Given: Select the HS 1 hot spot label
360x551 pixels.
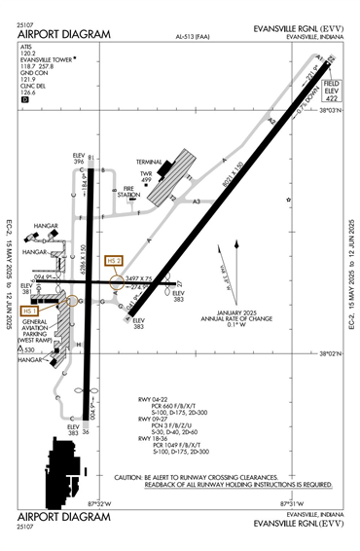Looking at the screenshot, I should (x=40, y=311).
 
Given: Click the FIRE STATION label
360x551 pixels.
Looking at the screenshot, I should (x=128, y=194).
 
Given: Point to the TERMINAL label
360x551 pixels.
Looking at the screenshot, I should (x=149, y=162).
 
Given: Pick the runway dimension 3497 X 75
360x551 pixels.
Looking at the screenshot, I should (x=141, y=278).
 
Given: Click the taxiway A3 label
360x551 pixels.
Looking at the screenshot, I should (x=198, y=202).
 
